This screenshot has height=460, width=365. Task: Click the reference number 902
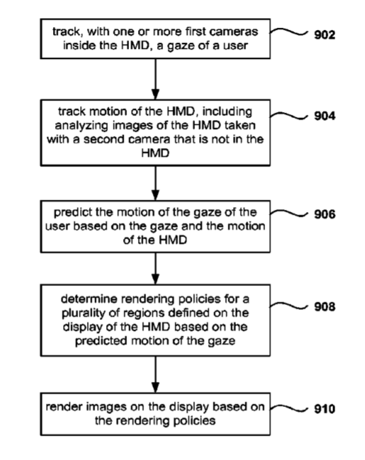click(x=324, y=35)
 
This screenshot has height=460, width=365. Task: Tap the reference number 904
click(x=324, y=116)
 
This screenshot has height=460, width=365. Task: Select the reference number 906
click(x=324, y=214)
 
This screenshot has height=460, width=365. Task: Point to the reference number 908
click(x=324, y=306)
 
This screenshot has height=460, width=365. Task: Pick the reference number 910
click(x=324, y=408)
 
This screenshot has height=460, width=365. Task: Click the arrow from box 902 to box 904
click(x=156, y=79)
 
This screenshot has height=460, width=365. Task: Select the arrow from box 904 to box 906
click(x=156, y=183)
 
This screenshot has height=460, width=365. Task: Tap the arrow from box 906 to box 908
click(x=156, y=268)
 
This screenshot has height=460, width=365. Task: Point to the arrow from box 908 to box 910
click(x=156, y=374)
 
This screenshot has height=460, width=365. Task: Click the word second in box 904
click(x=105, y=139)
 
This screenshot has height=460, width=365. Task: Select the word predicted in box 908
click(x=101, y=341)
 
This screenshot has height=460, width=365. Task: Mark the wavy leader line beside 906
click(x=289, y=213)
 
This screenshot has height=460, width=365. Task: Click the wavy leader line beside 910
click(x=289, y=408)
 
